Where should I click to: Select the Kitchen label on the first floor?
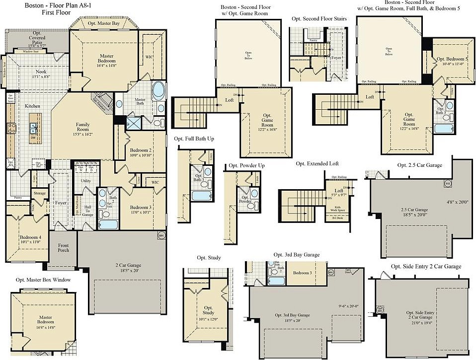pyautogui.click(x=33, y=106)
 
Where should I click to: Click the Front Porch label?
pyautogui.click(x=63, y=247)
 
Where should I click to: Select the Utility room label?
pyautogui.click(x=85, y=181)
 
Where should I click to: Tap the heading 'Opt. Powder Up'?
pyautogui.click(x=247, y=165)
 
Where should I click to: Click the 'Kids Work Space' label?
pyautogui.click(x=338, y=209)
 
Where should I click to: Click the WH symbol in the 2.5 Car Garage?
pyautogui.click(x=447, y=183)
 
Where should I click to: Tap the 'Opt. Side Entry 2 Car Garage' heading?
pyautogui.click(x=426, y=267)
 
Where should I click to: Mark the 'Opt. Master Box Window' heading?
pyautogui.click(x=43, y=280)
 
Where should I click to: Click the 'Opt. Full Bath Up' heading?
pyautogui.click(x=194, y=139)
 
